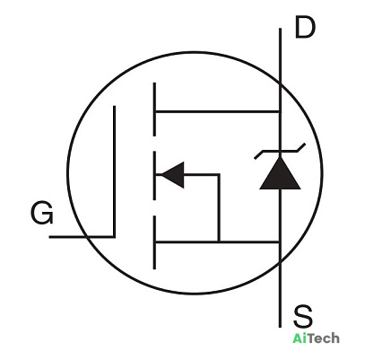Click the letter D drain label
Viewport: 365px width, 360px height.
pos(305,28)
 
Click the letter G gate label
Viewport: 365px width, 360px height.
pos(42,214)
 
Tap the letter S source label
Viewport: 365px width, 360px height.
pos(303,316)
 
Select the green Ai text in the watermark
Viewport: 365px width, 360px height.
pos(300,338)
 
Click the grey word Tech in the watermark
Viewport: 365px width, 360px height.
pos(323,338)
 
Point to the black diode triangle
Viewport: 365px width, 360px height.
pos(280,173)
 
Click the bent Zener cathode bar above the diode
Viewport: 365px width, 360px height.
pos(280,151)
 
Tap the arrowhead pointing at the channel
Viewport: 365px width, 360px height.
pos(173,175)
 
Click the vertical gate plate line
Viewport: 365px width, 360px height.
pos(114,171)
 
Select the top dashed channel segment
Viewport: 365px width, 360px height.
pos(154,110)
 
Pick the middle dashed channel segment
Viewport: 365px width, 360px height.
pos(154,176)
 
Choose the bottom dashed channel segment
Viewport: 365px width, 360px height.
pos(154,242)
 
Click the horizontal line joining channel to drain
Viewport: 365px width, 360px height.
pos(218,111)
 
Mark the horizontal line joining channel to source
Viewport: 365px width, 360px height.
pos(218,241)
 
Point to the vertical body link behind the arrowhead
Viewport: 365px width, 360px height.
pos(219,207)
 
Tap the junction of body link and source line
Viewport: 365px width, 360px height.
pos(219,241)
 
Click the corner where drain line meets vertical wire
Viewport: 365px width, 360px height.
pos(280,111)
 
